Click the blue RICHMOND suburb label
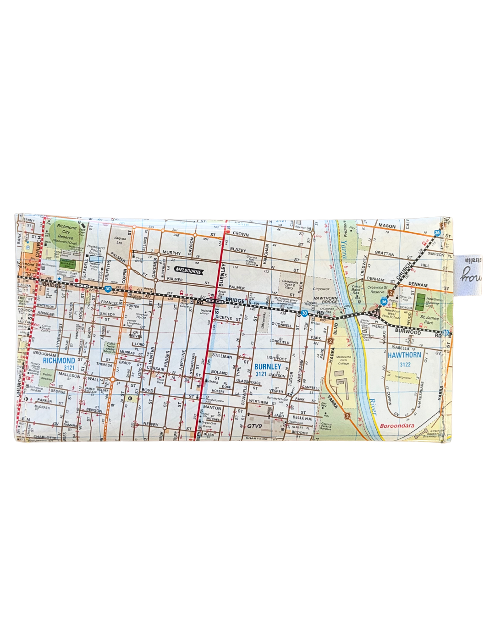pyautogui.click(x=59, y=360)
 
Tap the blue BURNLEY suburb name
pyautogui.click(x=268, y=366)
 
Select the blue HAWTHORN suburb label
pyautogui.click(x=404, y=355)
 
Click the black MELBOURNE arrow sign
pyautogui.click(x=189, y=271)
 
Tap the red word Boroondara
pyautogui.click(x=397, y=426)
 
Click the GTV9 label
pyautogui.click(x=254, y=426)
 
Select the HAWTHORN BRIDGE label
pyautogui.click(x=325, y=300)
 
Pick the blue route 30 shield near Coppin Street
pyautogui.click(x=108, y=289)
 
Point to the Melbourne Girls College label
pyautogui.click(x=343, y=360)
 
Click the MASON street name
pyautogui.click(x=387, y=226)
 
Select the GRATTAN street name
pyautogui.click(x=384, y=253)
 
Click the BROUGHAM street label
pyautogui.click(x=44, y=354)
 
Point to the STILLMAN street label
pyautogui.click(x=222, y=356)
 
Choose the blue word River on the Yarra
pyautogui.click(x=373, y=406)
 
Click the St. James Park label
pyautogui.click(x=429, y=319)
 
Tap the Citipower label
pyautogui.click(x=321, y=289)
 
